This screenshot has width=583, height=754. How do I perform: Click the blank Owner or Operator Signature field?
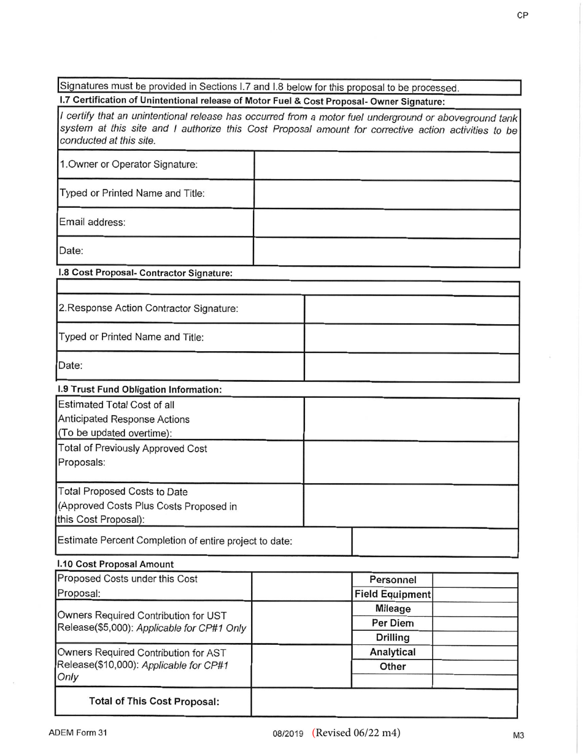(x=387, y=166)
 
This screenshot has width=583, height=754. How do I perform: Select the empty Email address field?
(x=387, y=223)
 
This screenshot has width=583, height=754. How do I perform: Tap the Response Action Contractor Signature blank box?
(x=412, y=309)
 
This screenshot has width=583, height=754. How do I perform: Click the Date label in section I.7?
(x=67, y=251)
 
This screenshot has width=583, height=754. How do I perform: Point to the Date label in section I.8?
(x=67, y=365)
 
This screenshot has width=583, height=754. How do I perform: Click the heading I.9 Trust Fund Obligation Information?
(x=139, y=389)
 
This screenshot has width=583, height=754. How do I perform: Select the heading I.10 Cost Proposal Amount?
(x=115, y=563)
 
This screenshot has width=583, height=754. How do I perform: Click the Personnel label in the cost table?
(x=393, y=580)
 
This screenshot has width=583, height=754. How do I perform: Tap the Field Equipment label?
(x=393, y=595)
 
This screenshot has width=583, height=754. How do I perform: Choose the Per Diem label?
(x=393, y=623)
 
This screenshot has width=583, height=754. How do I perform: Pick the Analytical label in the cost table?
(x=393, y=652)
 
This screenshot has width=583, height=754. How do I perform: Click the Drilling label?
(x=393, y=638)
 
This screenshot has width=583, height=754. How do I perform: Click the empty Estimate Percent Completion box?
(x=435, y=542)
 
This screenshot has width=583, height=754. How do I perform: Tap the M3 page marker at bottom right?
(x=519, y=735)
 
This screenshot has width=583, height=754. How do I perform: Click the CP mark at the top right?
(x=523, y=16)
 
